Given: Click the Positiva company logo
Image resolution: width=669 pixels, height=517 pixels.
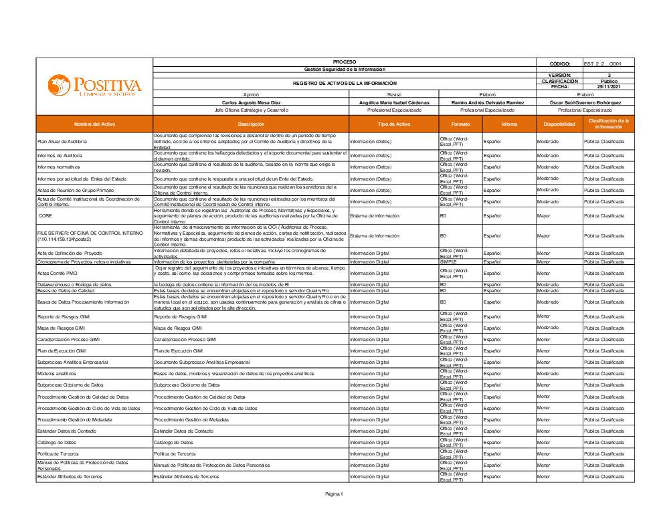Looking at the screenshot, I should click(94, 86).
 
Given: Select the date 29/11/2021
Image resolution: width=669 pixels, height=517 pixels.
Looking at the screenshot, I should click(609, 86).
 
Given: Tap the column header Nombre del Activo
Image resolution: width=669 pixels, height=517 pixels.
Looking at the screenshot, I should click(94, 124).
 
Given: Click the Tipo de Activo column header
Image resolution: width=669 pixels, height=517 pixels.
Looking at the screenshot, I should click(394, 124).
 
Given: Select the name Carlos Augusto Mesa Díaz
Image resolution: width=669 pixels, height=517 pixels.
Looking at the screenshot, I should click(251, 102).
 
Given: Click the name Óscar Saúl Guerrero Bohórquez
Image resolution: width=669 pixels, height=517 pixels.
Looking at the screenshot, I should click(585, 102).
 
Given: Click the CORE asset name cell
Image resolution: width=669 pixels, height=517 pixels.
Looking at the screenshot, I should click(45, 216).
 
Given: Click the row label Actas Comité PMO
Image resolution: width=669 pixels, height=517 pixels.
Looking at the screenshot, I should click(58, 273).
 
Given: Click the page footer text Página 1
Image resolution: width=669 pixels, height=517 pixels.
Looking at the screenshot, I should click(334, 494).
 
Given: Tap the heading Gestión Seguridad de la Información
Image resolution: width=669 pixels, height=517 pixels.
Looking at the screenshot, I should click(345, 70).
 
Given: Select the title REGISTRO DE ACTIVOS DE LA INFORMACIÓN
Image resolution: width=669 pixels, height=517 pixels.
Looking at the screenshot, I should click(345, 83).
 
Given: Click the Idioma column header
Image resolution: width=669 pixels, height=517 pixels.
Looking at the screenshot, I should click(509, 124).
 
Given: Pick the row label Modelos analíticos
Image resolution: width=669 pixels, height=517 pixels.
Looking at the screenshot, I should click(57, 374).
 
